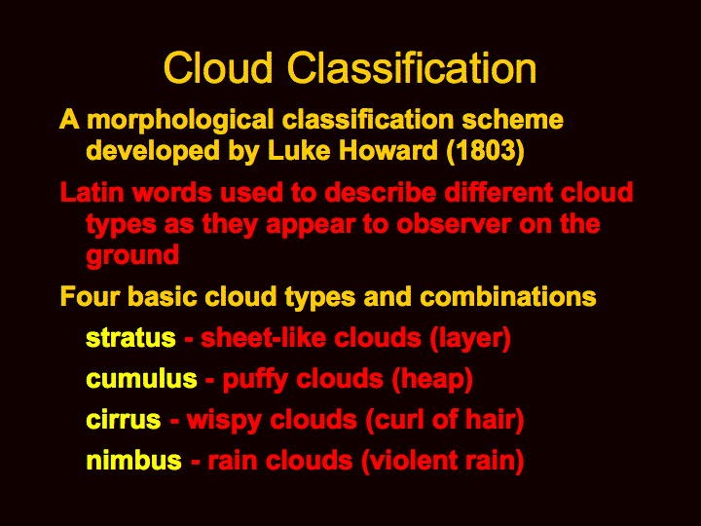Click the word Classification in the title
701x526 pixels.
tap(411, 67)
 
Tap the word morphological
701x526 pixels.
tap(180, 121)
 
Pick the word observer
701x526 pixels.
tap(454, 224)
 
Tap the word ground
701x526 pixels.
tap(132, 256)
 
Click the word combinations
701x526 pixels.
tap(508, 296)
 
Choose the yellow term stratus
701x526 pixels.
tap(130, 339)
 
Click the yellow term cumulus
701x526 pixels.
tap(141, 379)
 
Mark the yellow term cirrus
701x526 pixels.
tap(124, 420)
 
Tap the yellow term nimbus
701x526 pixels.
tap(133, 461)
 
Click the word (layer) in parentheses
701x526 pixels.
tap(470, 339)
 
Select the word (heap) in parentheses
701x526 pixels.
tap(432, 380)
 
